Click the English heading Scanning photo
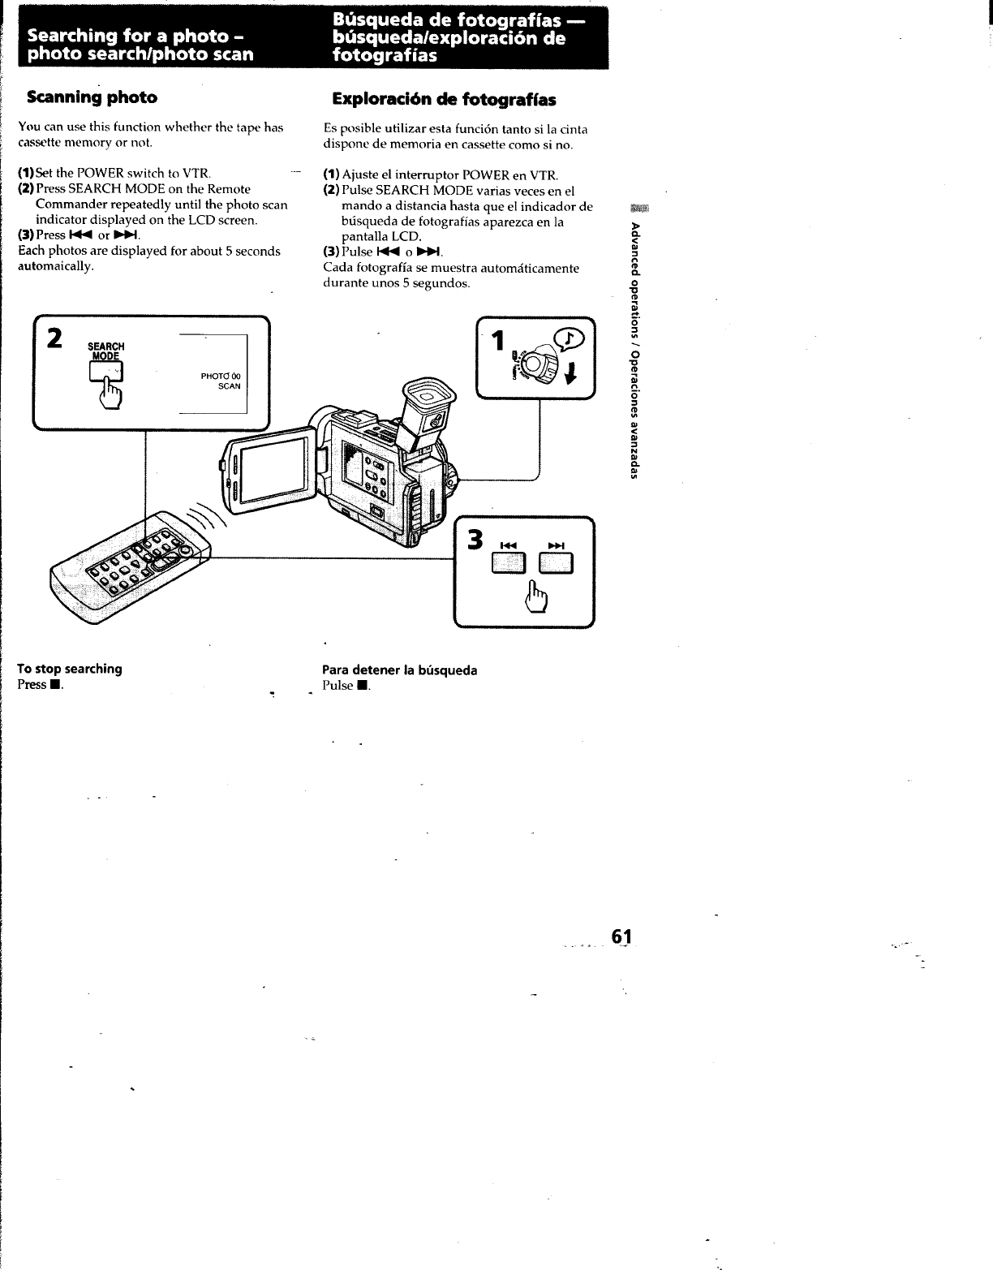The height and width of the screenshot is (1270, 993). coord(92,97)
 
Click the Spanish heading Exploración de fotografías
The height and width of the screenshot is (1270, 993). coord(444,100)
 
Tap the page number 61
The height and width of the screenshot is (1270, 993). coord(621,936)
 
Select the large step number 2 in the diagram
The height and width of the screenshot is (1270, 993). coord(55,338)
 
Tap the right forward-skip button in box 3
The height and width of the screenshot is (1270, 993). coord(557,562)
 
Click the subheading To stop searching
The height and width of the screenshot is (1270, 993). coord(70,669)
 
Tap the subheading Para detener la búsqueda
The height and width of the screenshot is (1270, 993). coord(399,670)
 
